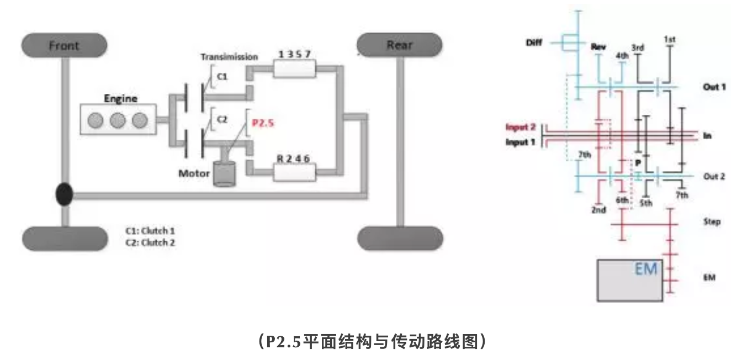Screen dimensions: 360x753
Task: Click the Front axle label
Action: [64, 46]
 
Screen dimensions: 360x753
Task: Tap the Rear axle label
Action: [399, 45]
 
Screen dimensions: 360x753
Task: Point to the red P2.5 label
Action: [263, 123]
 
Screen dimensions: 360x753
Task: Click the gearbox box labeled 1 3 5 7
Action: [295, 70]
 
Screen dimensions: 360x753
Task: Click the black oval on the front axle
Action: [65, 195]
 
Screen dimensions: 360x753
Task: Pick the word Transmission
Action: [229, 57]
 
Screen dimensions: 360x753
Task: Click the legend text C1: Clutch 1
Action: [154, 231]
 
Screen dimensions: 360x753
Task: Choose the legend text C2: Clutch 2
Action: [154, 242]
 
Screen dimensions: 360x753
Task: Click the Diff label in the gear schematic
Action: [534, 42]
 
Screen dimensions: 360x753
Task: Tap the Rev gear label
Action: [598, 47]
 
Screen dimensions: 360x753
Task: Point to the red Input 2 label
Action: [521, 127]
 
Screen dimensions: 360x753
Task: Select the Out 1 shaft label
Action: [714, 87]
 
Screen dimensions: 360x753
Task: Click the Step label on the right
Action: [712, 222]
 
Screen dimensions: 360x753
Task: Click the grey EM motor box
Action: [630, 280]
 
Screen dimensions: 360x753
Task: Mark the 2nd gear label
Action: [598, 210]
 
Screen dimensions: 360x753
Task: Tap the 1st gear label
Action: [670, 39]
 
